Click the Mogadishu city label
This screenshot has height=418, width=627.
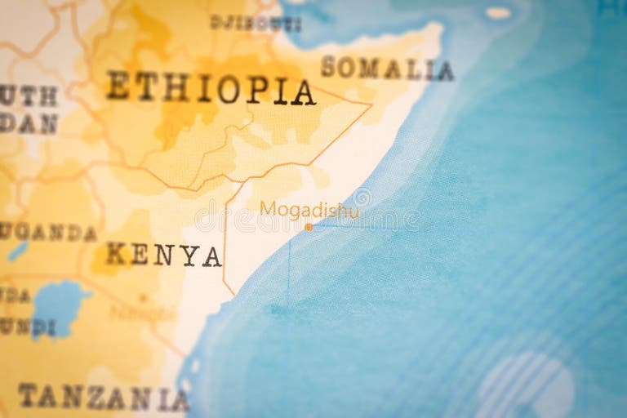[309, 210]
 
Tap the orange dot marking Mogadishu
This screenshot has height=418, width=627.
[309, 227]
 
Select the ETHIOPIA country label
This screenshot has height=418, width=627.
[210, 88]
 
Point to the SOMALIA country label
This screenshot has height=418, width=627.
[387, 68]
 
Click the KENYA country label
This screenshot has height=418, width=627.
[164, 256]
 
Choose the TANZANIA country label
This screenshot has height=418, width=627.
[103, 398]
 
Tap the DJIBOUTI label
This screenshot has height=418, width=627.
[256, 23]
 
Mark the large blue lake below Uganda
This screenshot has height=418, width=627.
[60, 307]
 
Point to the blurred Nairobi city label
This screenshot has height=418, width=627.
[143, 313]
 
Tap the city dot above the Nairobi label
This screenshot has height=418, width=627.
[143, 298]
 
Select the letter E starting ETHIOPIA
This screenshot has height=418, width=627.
[118, 85]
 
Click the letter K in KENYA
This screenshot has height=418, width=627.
[117, 255]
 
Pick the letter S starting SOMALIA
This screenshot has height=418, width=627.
[328, 66]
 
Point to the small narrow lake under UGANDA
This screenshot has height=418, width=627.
[18, 251]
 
